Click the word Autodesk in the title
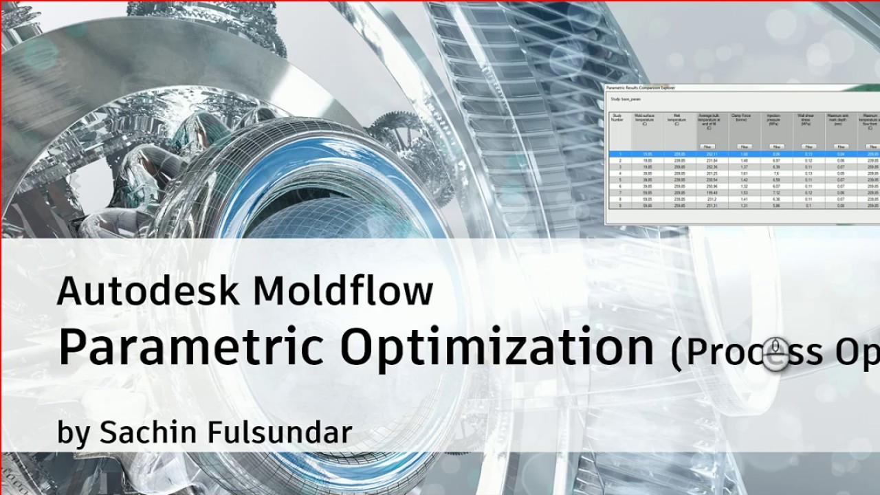pyautogui.click(x=148, y=291)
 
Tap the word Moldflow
pyautogui.click(x=343, y=291)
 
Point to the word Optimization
pyautogui.click(x=497, y=347)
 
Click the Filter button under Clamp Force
pyautogui.click(x=744, y=146)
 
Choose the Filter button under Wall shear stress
pyautogui.click(x=809, y=146)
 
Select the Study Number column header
pyautogui.click(x=618, y=118)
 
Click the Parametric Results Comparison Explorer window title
pyautogui.click(x=640, y=88)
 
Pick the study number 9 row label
pyautogui.click(x=620, y=205)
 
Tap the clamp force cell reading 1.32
pyautogui.click(x=744, y=186)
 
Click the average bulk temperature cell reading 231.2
pyautogui.click(x=712, y=199)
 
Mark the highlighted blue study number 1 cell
pyautogui.click(x=620, y=154)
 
